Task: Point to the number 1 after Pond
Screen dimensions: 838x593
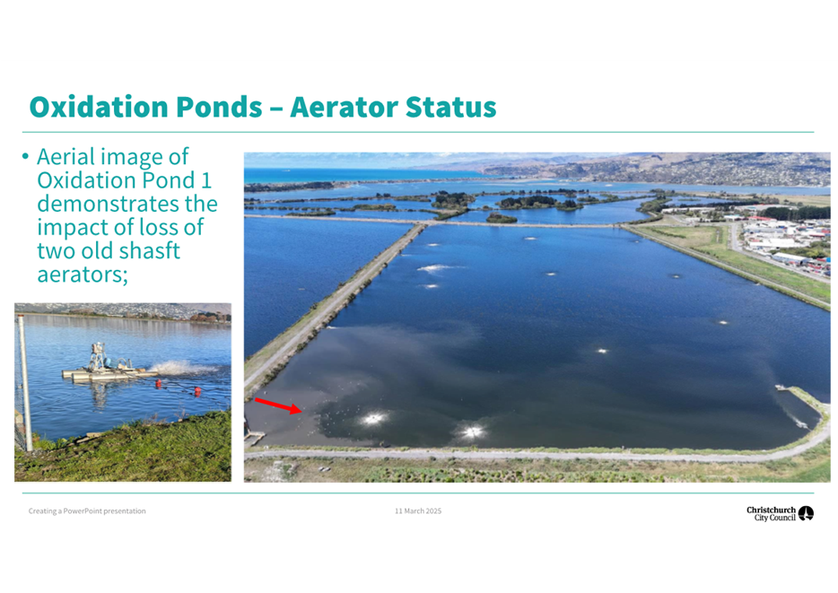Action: click(206, 180)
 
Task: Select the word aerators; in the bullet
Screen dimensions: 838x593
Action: click(83, 275)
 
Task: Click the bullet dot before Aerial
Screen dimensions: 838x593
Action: click(25, 156)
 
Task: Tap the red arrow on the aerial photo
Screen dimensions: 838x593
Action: click(278, 406)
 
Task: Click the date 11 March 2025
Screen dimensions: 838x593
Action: click(418, 511)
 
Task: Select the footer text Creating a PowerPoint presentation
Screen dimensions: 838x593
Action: click(87, 511)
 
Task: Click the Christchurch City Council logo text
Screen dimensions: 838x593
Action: click(771, 514)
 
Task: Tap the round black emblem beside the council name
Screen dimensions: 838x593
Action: click(806, 513)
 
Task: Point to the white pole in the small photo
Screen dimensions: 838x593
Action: click(24, 382)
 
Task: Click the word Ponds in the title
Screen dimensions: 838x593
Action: click(219, 107)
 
